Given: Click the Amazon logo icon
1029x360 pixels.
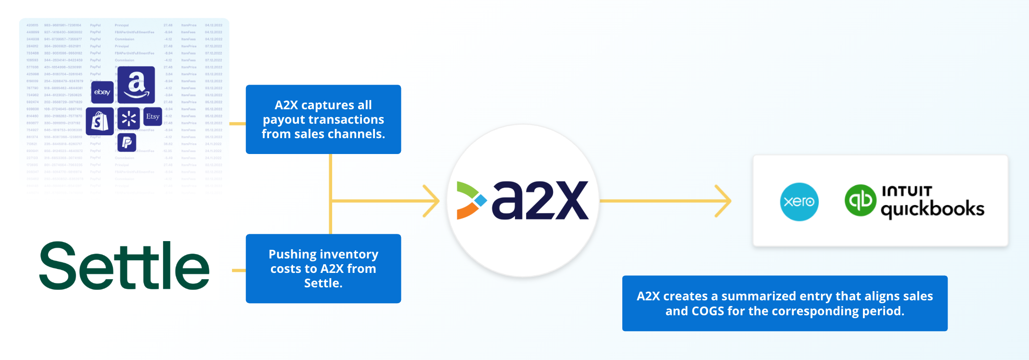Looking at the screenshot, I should [136, 85].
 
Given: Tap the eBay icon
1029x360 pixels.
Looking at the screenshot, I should [102, 92].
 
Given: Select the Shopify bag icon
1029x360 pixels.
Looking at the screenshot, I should [100, 121].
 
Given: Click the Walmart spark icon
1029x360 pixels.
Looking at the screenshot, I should [129, 118].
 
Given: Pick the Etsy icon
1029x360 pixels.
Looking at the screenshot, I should [153, 116].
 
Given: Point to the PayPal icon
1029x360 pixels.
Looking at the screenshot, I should [127, 142].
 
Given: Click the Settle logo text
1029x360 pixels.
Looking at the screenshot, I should [125, 266].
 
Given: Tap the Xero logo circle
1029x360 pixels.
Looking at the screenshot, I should [799, 202].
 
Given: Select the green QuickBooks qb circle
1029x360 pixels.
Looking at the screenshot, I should [860, 200].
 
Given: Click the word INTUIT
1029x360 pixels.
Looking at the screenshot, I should [907, 191].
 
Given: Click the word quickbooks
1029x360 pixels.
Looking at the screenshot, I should [932, 209].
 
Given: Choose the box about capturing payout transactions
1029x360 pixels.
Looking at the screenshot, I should [323, 119].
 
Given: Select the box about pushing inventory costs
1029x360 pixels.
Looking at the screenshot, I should [323, 269].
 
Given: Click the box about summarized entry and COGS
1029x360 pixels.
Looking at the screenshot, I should [785, 303].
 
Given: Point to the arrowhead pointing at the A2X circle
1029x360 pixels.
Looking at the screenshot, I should [432, 201].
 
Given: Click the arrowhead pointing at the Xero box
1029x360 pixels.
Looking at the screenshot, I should [724, 201].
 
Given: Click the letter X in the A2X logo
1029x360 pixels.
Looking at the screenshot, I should [567, 200].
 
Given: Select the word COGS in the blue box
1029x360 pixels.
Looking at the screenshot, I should [707, 311].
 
